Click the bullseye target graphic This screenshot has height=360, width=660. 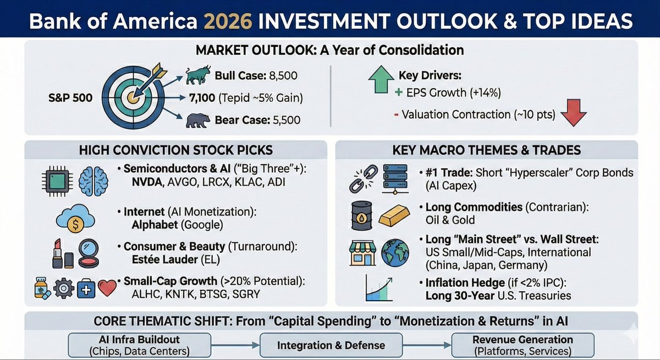point(133,97)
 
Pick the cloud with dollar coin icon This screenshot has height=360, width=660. point(75,218)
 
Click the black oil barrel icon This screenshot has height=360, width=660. point(360,216)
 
